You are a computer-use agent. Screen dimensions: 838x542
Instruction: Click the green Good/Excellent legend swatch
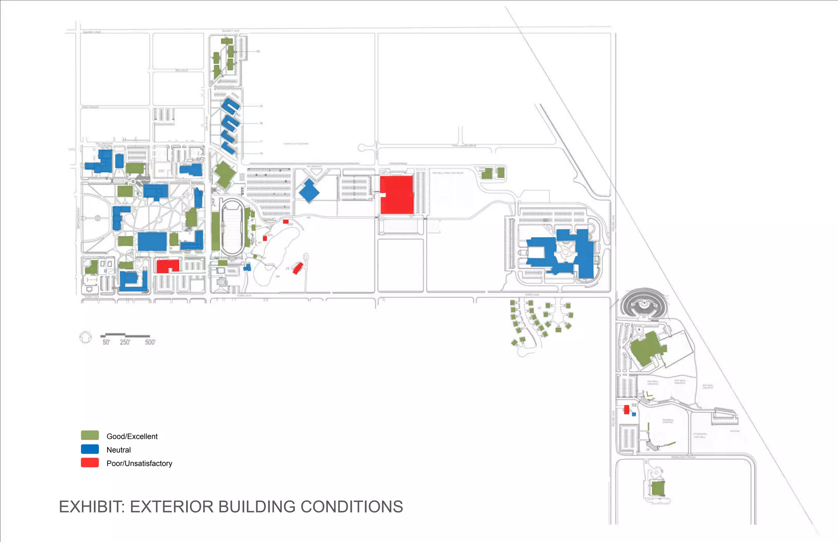(90, 435)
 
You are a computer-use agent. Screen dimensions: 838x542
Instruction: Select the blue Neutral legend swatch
(90, 449)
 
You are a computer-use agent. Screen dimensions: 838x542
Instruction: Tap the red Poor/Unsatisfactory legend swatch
(90, 463)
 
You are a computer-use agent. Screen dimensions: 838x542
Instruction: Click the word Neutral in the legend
(119, 450)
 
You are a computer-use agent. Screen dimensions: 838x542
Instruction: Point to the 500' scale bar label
(150, 342)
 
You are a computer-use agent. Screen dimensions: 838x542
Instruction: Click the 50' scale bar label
(106, 342)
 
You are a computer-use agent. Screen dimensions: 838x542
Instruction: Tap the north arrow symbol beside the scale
(86, 337)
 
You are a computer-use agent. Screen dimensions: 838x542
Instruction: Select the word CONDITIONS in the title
(352, 507)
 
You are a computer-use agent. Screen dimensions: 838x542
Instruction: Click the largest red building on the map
(397, 195)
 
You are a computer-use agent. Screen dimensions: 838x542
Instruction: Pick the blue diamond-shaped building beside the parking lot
(309, 191)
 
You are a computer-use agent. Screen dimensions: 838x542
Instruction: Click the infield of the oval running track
(232, 227)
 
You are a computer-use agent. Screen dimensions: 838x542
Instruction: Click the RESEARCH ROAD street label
(683, 457)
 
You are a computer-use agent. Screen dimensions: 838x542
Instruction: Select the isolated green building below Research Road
(658, 488)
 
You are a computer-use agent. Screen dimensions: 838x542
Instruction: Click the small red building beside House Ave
(626, 409)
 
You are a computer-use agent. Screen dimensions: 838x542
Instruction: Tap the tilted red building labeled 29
(298, 268)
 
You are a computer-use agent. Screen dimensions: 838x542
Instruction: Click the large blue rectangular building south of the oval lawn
(152, 241)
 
